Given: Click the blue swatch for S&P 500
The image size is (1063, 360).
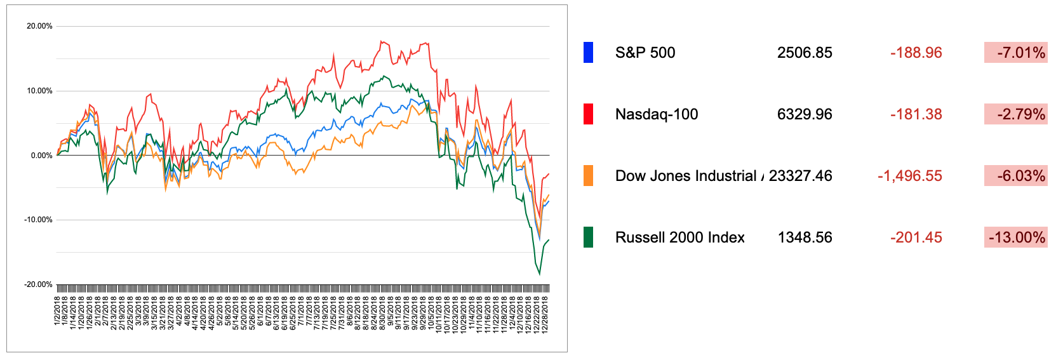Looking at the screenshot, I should tap(588, 53).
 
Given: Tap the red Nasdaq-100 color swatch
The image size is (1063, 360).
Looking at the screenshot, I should tap(588, 114).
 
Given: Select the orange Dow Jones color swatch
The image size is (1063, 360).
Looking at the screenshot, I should tap(588, 176).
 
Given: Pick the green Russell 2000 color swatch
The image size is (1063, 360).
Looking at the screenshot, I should tap(588, 237).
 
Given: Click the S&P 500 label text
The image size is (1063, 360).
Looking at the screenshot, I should tap(645, 53).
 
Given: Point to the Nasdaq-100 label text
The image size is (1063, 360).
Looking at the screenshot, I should tap(657, 114).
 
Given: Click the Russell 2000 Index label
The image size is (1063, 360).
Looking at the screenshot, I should tap(679, 237).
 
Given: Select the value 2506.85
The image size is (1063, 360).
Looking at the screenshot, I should tap(805, 53).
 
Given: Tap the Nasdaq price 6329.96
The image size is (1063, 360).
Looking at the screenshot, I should tap(805, 114).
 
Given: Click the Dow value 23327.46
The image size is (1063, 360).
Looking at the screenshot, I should tap(800, 176).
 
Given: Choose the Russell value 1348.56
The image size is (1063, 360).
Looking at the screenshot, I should tap(805, 237).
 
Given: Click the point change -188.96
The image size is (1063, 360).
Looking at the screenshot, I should tap(916, 53).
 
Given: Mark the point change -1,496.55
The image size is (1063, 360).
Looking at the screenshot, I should tap(909, 176).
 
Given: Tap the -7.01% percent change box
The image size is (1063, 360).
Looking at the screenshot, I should tap(1015, 53).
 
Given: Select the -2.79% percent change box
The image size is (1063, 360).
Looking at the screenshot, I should tap(1015, 114).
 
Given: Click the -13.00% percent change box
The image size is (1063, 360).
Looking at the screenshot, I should tap(1015, 237).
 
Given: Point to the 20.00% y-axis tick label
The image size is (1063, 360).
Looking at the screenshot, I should tap(39, 26).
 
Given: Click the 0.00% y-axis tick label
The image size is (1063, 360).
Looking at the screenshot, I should tap(41, 156).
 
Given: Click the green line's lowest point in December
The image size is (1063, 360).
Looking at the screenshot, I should tap(540, 274).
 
